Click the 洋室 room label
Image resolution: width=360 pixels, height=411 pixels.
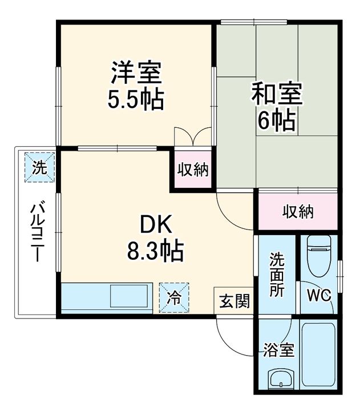coord(136,73)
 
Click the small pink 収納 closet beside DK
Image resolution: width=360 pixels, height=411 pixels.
coord(192,169)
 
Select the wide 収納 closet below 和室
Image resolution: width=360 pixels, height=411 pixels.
coord(298,212)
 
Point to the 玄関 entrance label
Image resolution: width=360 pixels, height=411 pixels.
coord(234,301)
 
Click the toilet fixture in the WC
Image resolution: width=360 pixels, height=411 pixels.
coord(320,255)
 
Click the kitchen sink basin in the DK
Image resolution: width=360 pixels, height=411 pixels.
coord(129,297)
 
